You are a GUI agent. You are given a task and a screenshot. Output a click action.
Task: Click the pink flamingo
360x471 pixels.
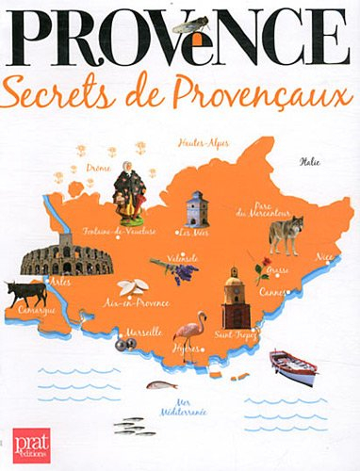click(192, 337)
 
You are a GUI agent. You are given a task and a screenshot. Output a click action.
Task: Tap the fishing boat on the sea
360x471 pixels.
click(292, 365)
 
